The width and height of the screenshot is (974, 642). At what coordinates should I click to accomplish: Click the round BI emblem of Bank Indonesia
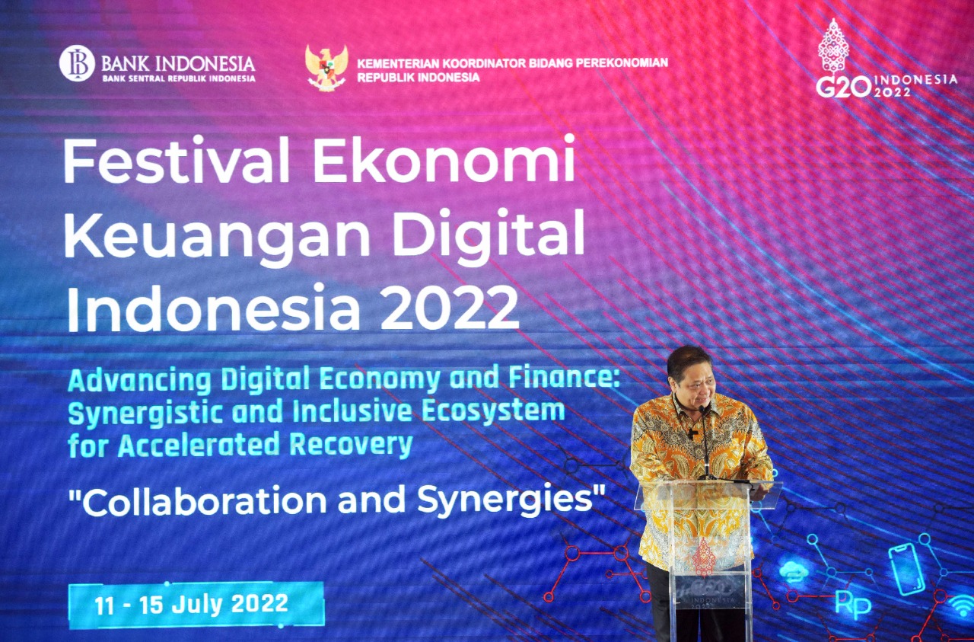point(77,63)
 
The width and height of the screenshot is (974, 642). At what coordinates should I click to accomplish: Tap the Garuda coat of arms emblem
point(326,68)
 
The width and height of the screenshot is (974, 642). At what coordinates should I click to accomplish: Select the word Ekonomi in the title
point(444,159)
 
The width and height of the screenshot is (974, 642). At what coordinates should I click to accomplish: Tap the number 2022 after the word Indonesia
point(450,308)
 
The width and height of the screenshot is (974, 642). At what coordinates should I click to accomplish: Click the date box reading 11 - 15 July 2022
point(196,605)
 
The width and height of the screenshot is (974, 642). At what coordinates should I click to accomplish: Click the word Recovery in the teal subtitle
point(351,446)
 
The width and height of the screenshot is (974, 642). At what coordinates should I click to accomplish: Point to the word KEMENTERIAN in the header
point(397,63)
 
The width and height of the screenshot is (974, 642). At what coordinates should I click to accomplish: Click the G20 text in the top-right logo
point(844,87)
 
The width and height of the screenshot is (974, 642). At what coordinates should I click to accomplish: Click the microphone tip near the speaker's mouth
point(702,409)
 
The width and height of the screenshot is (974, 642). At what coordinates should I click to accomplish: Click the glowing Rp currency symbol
point(853,606)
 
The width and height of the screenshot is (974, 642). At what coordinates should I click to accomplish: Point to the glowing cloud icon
point(793,571)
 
